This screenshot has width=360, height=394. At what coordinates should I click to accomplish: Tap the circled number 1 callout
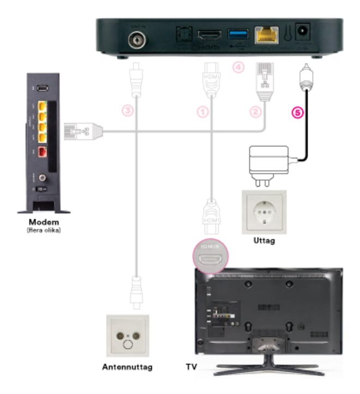pos(203,112)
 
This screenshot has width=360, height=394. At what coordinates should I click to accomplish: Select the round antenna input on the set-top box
pos(135,39)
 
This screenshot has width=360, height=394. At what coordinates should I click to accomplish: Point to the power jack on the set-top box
pos(301,33)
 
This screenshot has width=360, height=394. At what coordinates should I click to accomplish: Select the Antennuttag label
pos(128,367)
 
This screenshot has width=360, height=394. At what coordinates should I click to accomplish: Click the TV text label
pos(191,367)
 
